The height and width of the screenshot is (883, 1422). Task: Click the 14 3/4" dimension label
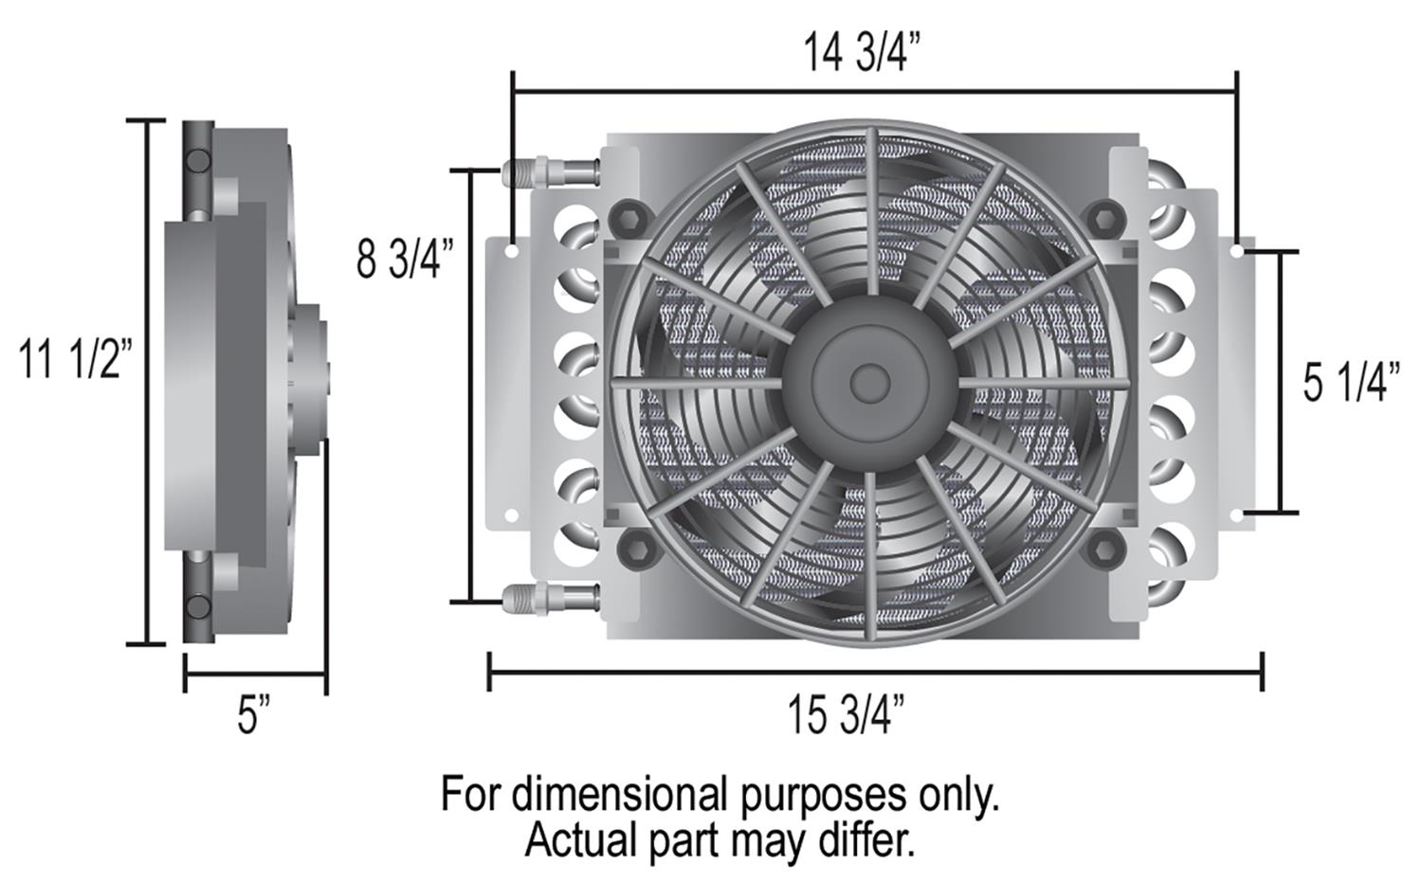[x=862, y=52]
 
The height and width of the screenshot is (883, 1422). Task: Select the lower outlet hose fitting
[x=550, y=597]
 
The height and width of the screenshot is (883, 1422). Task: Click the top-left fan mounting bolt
[x=627, y=219]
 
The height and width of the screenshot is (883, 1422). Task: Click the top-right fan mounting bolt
[x=1103, y=219]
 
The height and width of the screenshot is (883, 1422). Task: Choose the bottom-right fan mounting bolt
[x=1103, y=548]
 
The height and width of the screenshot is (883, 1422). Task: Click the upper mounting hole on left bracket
[x=511, y=252]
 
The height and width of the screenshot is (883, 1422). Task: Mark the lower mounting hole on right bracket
[x=1239, y=514]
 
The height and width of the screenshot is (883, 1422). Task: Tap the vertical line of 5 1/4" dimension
[x=1281, y=382]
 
